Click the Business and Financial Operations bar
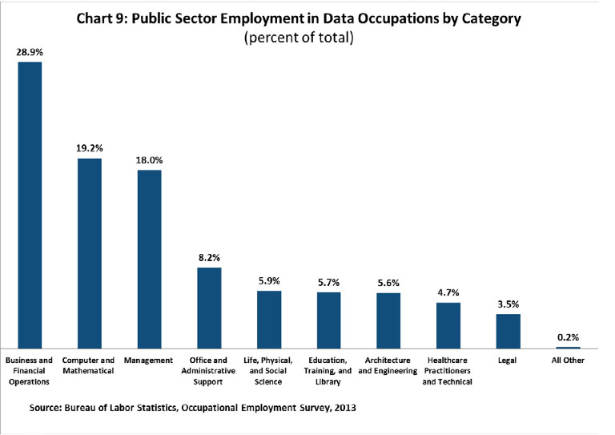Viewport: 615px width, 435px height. [30, 204]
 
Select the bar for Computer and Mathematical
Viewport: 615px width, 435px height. [90, 252]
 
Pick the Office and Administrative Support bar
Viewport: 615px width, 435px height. [209, 307]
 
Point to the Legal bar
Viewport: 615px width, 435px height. [508, 330]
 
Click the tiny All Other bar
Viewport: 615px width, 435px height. [568, 347]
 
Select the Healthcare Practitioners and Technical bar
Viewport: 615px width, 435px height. [448, 324]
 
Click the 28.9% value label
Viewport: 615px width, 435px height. [30, 51]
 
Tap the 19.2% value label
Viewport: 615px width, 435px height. [90, 148]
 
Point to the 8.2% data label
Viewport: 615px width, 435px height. [209, 257]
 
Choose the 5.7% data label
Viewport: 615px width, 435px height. [328, 282]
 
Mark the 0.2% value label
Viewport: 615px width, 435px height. [568, 336]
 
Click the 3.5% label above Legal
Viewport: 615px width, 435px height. [508, 304]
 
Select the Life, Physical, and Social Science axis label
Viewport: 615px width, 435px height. [269, 371]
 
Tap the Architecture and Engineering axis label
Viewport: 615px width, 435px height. [388, 365]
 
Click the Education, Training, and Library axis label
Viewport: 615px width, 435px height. [328, 371]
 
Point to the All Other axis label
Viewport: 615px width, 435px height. [568, 360]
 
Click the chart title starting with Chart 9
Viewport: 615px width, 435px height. [308, 18]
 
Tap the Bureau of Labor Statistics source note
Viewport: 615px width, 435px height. [192, 408]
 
